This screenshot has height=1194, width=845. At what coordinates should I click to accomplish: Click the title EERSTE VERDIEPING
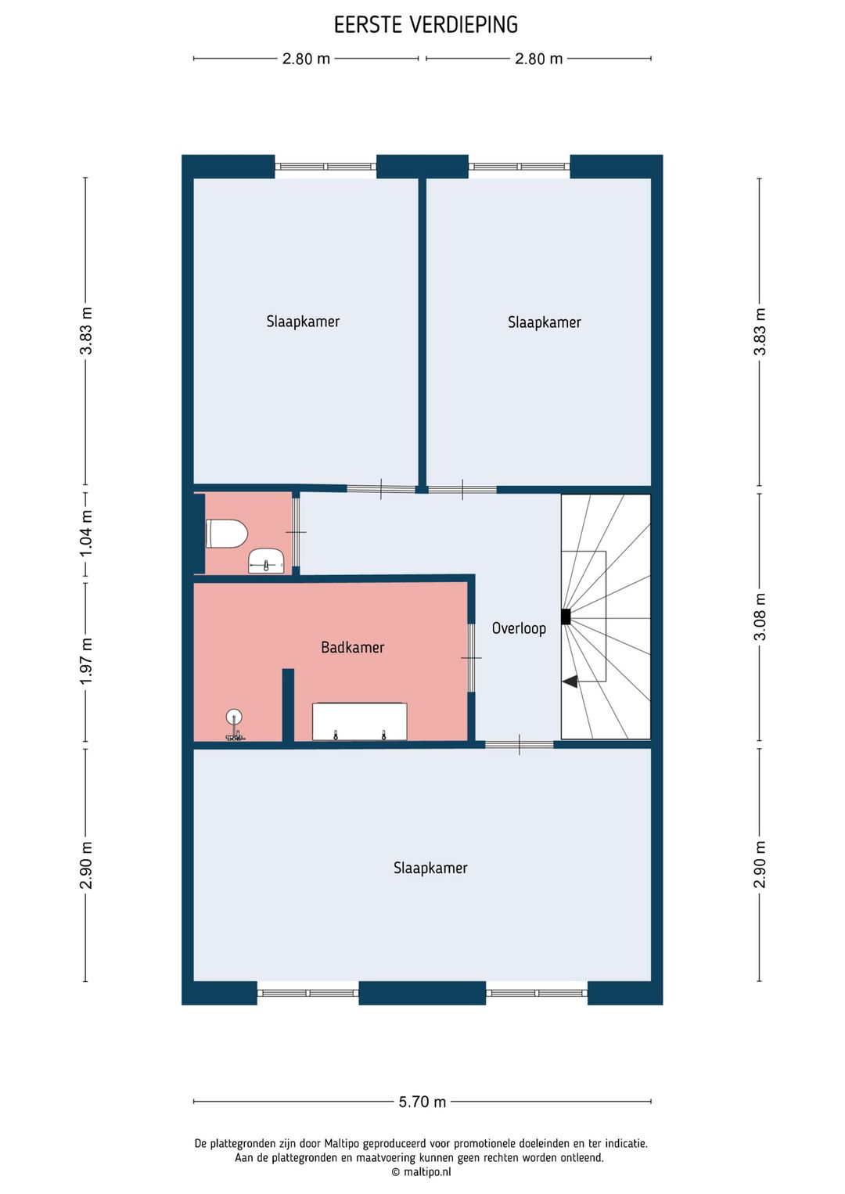(426, 25)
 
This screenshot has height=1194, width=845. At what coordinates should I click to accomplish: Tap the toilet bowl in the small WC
(227, 534)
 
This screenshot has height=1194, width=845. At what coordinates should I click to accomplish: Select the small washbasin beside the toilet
(266, 561)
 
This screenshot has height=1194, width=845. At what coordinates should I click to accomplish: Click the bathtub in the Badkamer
(359, 721)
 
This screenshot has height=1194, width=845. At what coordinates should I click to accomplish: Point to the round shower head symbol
(234, 717)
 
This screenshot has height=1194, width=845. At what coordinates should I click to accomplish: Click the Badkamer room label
(352, 647)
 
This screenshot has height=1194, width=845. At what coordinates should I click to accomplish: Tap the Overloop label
(519, 628)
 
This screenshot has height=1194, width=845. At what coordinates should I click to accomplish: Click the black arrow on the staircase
(570, 682)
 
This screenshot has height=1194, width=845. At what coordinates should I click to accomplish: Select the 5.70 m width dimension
(422, 1101)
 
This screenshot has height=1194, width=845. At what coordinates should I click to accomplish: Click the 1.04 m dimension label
(86, 533)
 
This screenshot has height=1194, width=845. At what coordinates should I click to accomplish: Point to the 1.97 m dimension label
(86, 661)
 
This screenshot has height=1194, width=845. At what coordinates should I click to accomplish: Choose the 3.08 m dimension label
(760, 617)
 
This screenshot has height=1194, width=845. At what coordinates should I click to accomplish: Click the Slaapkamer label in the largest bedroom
(430, 868)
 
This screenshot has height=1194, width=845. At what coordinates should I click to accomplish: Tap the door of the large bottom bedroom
(520, 745)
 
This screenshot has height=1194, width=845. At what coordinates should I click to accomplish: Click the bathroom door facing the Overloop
(471, 658)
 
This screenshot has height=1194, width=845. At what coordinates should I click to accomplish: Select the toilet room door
(296, 533)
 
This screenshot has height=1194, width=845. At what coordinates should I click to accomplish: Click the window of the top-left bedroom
(325, 167)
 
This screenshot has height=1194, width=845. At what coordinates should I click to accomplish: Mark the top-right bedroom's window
(520, 167)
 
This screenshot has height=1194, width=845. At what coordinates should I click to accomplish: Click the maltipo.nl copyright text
(421, 1172)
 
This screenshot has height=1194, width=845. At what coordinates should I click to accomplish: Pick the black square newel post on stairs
(566, 617)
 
